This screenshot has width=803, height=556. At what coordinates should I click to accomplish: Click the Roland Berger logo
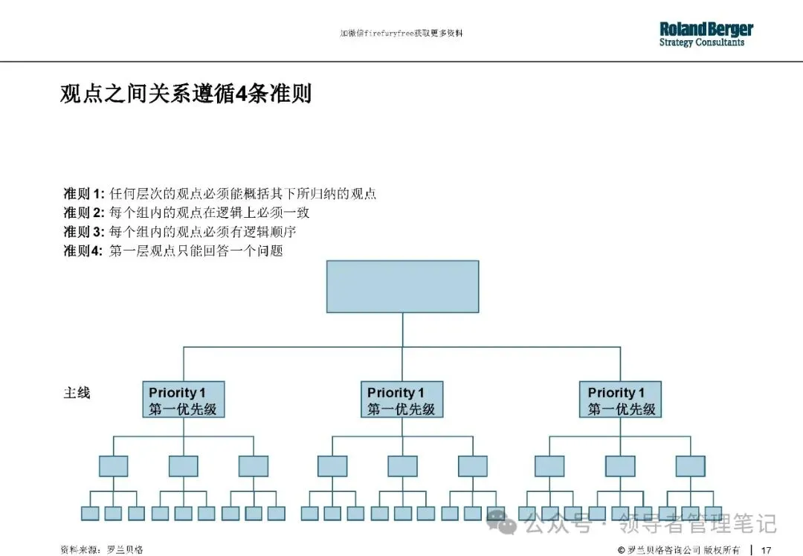point(706,29)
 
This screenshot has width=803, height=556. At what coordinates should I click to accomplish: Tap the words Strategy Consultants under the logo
point(701,43)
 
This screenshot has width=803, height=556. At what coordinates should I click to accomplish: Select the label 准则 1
point(84,194)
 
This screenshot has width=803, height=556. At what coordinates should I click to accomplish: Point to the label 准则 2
point(84,213)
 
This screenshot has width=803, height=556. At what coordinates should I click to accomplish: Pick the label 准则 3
point(84,232)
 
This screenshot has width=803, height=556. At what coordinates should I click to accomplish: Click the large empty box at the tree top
point(402,286)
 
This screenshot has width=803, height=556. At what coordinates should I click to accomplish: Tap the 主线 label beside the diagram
point(77,392)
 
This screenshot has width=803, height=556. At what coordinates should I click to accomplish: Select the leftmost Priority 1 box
point(183,400)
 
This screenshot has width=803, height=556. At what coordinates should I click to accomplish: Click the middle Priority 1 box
point(402,400)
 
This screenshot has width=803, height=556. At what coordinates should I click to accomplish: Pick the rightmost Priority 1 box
point(620,400)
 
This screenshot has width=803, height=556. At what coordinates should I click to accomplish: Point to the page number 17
point(765,550)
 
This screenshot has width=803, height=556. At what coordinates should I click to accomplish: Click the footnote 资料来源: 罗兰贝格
point(102,550)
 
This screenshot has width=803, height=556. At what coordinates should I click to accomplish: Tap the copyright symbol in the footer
point(621,550)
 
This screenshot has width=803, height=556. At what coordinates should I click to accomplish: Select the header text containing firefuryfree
point(401,33)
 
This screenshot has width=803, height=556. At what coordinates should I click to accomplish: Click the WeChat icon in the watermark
point(508,525)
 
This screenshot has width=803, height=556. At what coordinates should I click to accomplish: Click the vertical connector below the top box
point(402,329)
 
